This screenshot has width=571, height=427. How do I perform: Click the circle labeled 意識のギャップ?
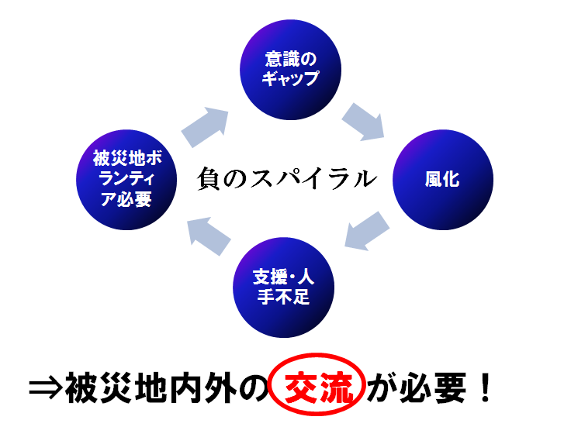pos(290,70)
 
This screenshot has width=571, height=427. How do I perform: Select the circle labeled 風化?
pos(443,180)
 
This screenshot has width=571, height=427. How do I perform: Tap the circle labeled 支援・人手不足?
pos(283,288)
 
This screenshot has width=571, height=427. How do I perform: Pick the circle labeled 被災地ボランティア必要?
pos(126,180)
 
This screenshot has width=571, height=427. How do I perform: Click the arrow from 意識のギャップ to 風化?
pos(363,122)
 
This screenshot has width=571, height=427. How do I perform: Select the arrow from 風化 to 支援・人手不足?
pos(367,231)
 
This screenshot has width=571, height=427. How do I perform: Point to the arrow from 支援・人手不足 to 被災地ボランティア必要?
pos(209,236)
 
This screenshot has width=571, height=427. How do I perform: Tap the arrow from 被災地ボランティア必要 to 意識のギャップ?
pos(205,127)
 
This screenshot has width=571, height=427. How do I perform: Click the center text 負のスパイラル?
pos(287,178)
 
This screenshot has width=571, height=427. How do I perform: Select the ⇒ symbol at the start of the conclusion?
pos(45,387)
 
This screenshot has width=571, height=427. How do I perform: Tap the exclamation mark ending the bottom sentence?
pos(485,387)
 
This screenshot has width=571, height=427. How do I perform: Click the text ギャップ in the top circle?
pos(290,77)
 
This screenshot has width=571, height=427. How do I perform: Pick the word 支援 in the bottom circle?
pos(269,277)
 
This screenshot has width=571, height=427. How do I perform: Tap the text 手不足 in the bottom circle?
pos(283,297)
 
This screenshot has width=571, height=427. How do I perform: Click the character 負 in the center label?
pos(208,178)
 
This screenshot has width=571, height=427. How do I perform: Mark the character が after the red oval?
pos(382,387)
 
